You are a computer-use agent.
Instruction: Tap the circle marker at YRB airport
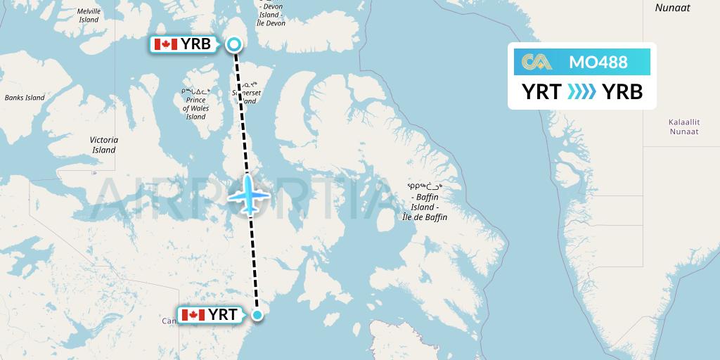pos(234,44)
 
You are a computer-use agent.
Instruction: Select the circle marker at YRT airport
pos(258,315)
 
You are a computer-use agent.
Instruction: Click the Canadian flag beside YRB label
pos(165,44)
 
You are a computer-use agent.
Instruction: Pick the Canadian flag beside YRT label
pos(193,315)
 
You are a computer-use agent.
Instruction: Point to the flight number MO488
pos(598,62)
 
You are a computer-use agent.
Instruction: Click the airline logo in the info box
pos(533,62)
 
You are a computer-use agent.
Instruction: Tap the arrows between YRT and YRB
pos(581,91)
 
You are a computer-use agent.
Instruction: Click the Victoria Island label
pos(103,145)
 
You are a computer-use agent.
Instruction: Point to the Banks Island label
pos(25,98)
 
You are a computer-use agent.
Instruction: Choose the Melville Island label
pos(89,15)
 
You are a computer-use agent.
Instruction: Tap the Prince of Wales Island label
pos(196,104)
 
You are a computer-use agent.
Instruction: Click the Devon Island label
pos(271,15)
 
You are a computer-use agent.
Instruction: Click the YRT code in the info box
pos(541,91)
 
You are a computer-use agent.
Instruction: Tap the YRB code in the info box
pos(622,91)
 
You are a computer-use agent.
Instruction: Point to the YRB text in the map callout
pos(195,44)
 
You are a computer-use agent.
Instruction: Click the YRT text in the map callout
pos(222,315)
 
